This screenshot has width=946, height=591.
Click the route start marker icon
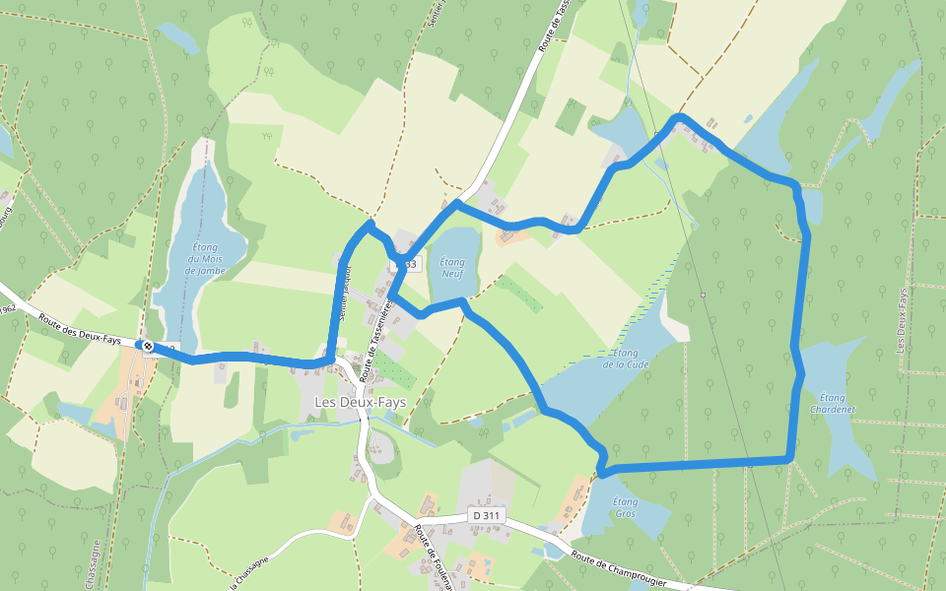tap(148, 346)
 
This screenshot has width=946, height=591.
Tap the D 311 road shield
tap(486, 515)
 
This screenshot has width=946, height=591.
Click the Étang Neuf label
tap(451, 267)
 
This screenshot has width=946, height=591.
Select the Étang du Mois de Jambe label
tap(205, 258)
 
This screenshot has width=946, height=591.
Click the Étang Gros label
tap(625, 507)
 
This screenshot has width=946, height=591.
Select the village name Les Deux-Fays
tap(360, 402)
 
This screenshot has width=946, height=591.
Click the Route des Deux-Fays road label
tap(80, 328)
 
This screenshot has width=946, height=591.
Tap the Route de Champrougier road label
tap(618, 570)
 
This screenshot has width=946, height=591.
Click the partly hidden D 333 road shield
tap(406, 264)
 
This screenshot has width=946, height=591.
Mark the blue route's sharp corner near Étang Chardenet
tap(789, 459)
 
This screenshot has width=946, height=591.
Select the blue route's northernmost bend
tap(679, 118)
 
